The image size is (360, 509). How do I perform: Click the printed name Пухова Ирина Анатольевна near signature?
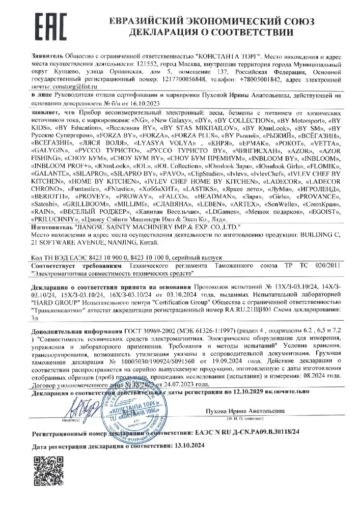point(243,410)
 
